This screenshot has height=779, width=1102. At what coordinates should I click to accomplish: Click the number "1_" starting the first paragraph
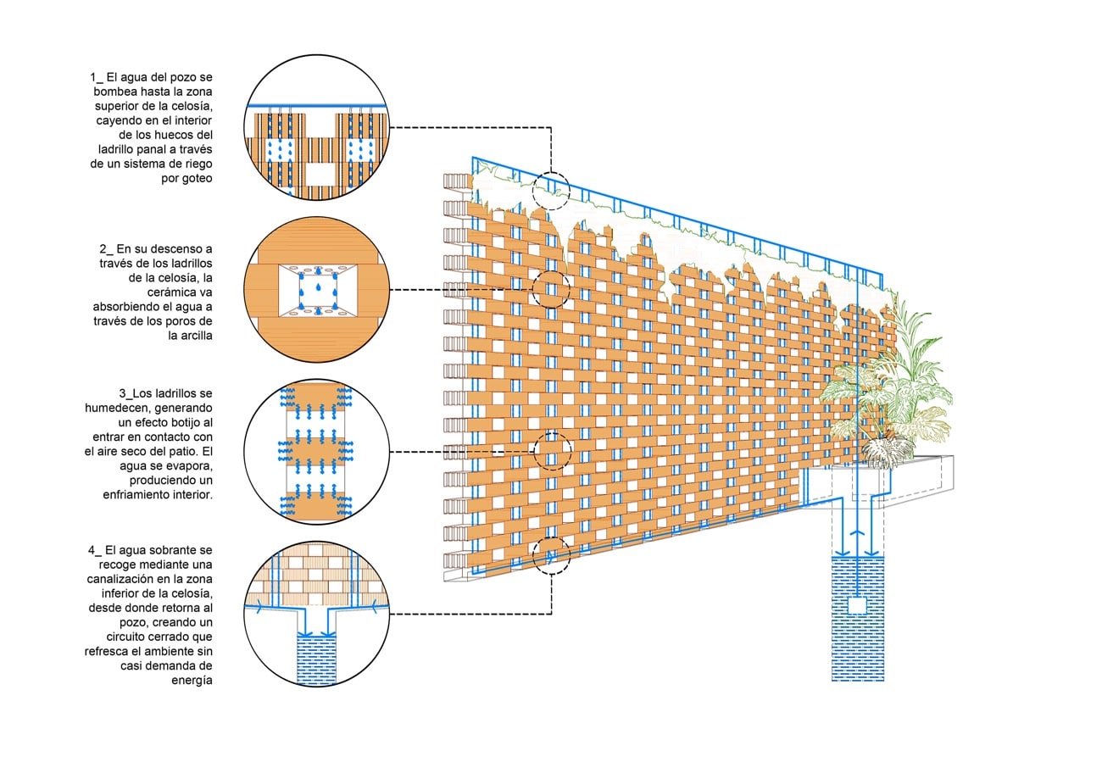(97, 78)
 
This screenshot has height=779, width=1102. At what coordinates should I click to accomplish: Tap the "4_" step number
(95, 550)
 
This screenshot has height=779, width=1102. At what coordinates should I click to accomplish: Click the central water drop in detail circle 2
(317, 287)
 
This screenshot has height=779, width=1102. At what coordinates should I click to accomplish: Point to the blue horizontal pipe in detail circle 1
(316, 106)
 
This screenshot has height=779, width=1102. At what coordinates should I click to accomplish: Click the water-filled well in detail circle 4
(316, 659)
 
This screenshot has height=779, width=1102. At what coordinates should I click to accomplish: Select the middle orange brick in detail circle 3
(317, 451)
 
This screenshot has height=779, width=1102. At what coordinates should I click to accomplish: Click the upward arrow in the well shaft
(858, 536)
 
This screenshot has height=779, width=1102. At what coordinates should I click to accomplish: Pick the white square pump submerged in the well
(858, 605)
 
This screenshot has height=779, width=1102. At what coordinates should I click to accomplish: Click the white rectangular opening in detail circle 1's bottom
(320, 174)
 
